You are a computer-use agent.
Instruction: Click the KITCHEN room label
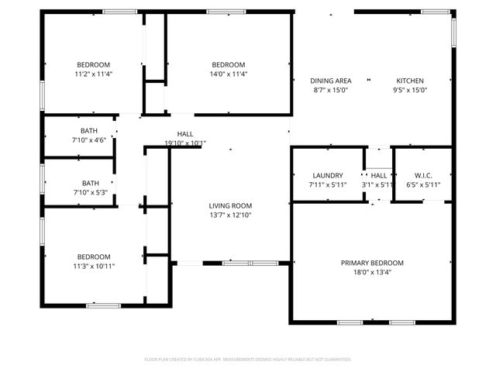point(410,81)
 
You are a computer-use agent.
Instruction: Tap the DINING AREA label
point(331,81)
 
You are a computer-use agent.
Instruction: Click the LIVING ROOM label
point(230,205)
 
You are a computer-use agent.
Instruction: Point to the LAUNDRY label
point(327,176)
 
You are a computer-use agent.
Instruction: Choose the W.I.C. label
point(422,176)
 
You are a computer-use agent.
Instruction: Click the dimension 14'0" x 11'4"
point(229,74)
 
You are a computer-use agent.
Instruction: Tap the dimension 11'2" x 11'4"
point(92,74)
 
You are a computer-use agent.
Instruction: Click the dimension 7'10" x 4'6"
point(88,140)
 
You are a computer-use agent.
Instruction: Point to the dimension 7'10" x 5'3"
point(88,192)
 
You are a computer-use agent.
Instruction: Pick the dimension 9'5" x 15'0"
point(410,90)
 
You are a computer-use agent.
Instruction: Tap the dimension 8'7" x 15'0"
point(331,90)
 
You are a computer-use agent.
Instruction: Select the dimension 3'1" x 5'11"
point(378,185)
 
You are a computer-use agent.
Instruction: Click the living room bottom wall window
point(250,263)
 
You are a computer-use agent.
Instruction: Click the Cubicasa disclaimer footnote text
point(248,359)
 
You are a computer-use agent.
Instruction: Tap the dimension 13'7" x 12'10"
point(230,215)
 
